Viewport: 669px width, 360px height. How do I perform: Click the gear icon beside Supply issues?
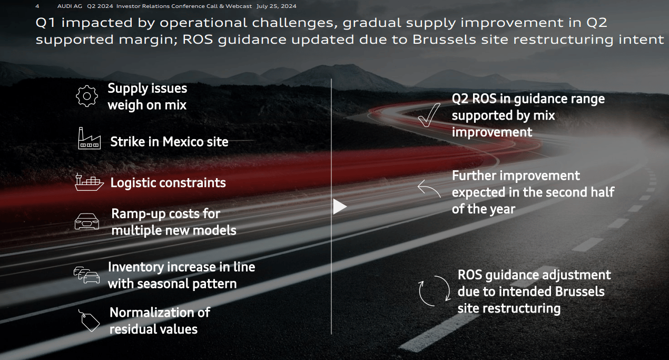(86, 96)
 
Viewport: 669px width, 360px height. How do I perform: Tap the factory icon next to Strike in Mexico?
(90, 138)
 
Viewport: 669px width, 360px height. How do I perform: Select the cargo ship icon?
(89, 182)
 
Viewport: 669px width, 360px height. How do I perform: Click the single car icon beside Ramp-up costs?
(86, 221)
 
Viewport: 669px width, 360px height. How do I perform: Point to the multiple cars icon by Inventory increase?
(86, 275)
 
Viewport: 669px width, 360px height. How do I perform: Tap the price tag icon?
(89, 320)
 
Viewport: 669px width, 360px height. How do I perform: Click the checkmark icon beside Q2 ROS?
(429, 115)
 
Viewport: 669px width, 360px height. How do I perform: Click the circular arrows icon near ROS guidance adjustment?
(434, 291)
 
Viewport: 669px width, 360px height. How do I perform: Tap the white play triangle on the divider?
(339, 207)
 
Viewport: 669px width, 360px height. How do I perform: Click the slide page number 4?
(37, 6)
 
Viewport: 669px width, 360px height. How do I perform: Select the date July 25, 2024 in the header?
(276, 6)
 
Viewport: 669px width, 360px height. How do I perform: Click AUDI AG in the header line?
(70, 6)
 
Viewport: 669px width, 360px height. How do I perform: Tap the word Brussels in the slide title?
(444, 40)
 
